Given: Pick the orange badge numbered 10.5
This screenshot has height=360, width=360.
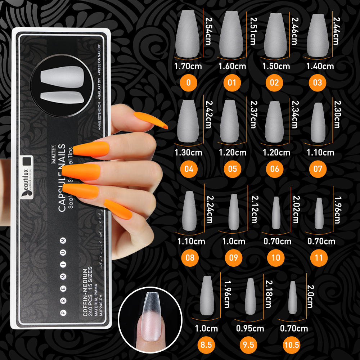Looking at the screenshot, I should point(292,345).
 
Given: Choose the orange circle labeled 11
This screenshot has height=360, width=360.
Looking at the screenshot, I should point(318,257).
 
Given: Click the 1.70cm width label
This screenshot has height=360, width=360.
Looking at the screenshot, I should point(188,66).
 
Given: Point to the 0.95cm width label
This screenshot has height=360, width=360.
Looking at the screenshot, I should point(250,328).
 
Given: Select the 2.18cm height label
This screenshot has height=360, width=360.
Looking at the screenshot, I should point(268,294).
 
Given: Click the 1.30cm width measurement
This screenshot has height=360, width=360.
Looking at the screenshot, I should point(188,153).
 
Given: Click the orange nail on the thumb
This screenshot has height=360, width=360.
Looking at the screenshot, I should point(150,121).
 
